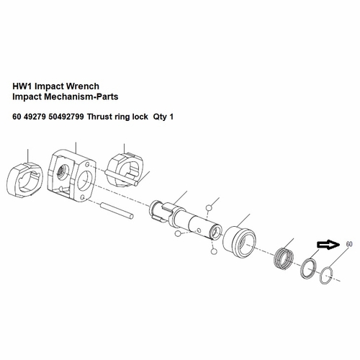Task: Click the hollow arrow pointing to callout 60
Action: pos(328,246)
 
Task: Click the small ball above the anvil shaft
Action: pos(209,208)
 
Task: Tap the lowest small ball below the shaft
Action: pos(213,251)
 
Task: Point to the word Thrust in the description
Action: pos(102,117)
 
